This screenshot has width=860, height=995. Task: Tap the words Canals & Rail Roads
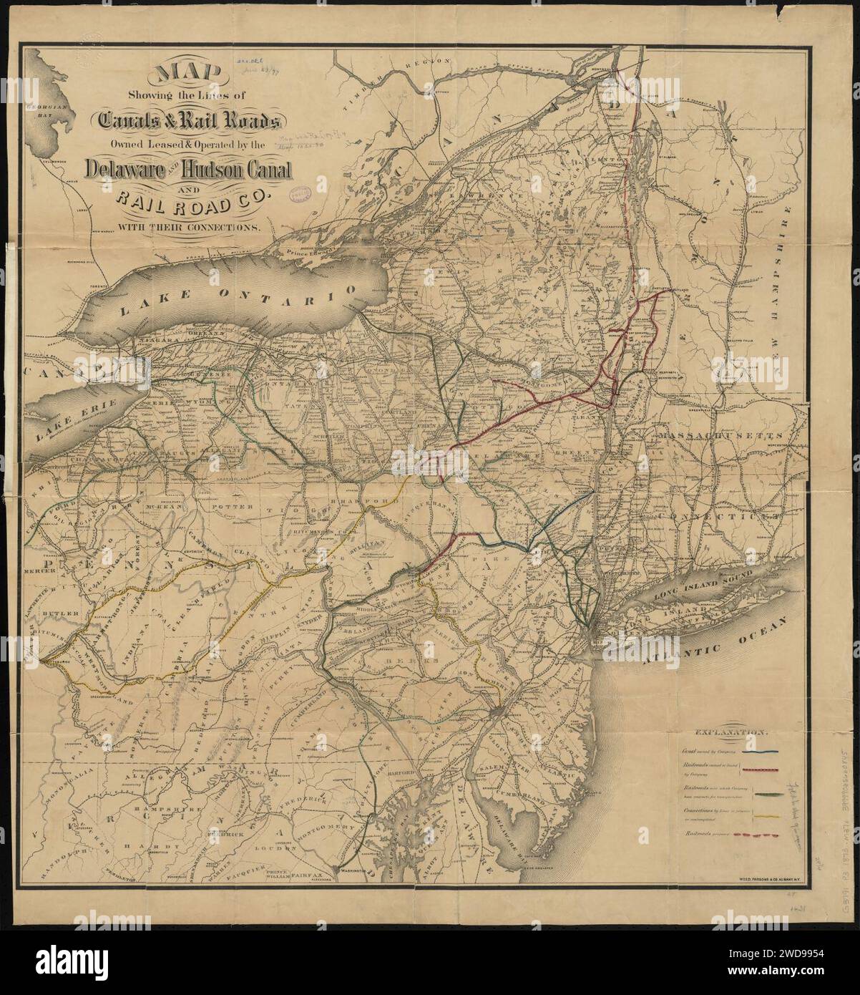(185, 121)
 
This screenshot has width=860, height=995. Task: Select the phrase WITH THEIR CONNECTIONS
(192, 228)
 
